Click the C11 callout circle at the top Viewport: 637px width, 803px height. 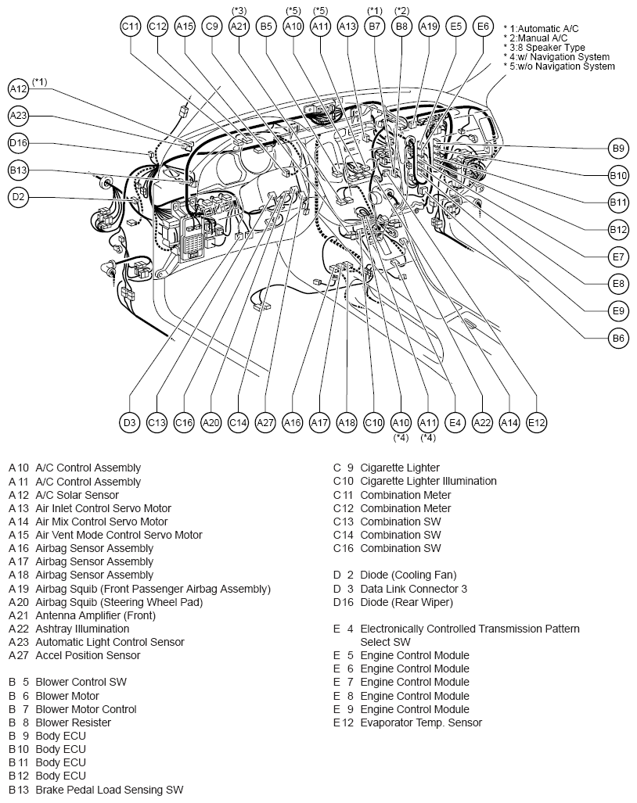point(131,26)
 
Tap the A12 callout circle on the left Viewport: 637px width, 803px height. point(19,89)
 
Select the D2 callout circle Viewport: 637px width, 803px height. point(19,197)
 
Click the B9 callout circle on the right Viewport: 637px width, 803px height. point(618,149)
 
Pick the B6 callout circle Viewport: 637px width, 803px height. point(618,338)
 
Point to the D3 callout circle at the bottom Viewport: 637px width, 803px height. point(130,422)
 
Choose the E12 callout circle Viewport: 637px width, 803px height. point(537,422)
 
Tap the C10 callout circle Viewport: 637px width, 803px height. point(373,422)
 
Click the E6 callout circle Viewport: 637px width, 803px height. point(484,26)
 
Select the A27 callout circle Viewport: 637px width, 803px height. point(265,422)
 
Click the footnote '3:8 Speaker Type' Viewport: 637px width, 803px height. point(547,48)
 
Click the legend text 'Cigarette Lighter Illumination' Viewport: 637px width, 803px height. point(428,482)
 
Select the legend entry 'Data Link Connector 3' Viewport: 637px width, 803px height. point(413,589)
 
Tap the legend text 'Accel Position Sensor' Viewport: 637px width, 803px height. point(88,655)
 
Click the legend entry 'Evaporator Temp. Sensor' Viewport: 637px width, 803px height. point(421,722)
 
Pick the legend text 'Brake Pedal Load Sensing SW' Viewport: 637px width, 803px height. point(109,790)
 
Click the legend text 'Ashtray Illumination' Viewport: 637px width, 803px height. point(82,629)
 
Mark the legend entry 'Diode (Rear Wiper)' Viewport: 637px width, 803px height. point(406,602)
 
